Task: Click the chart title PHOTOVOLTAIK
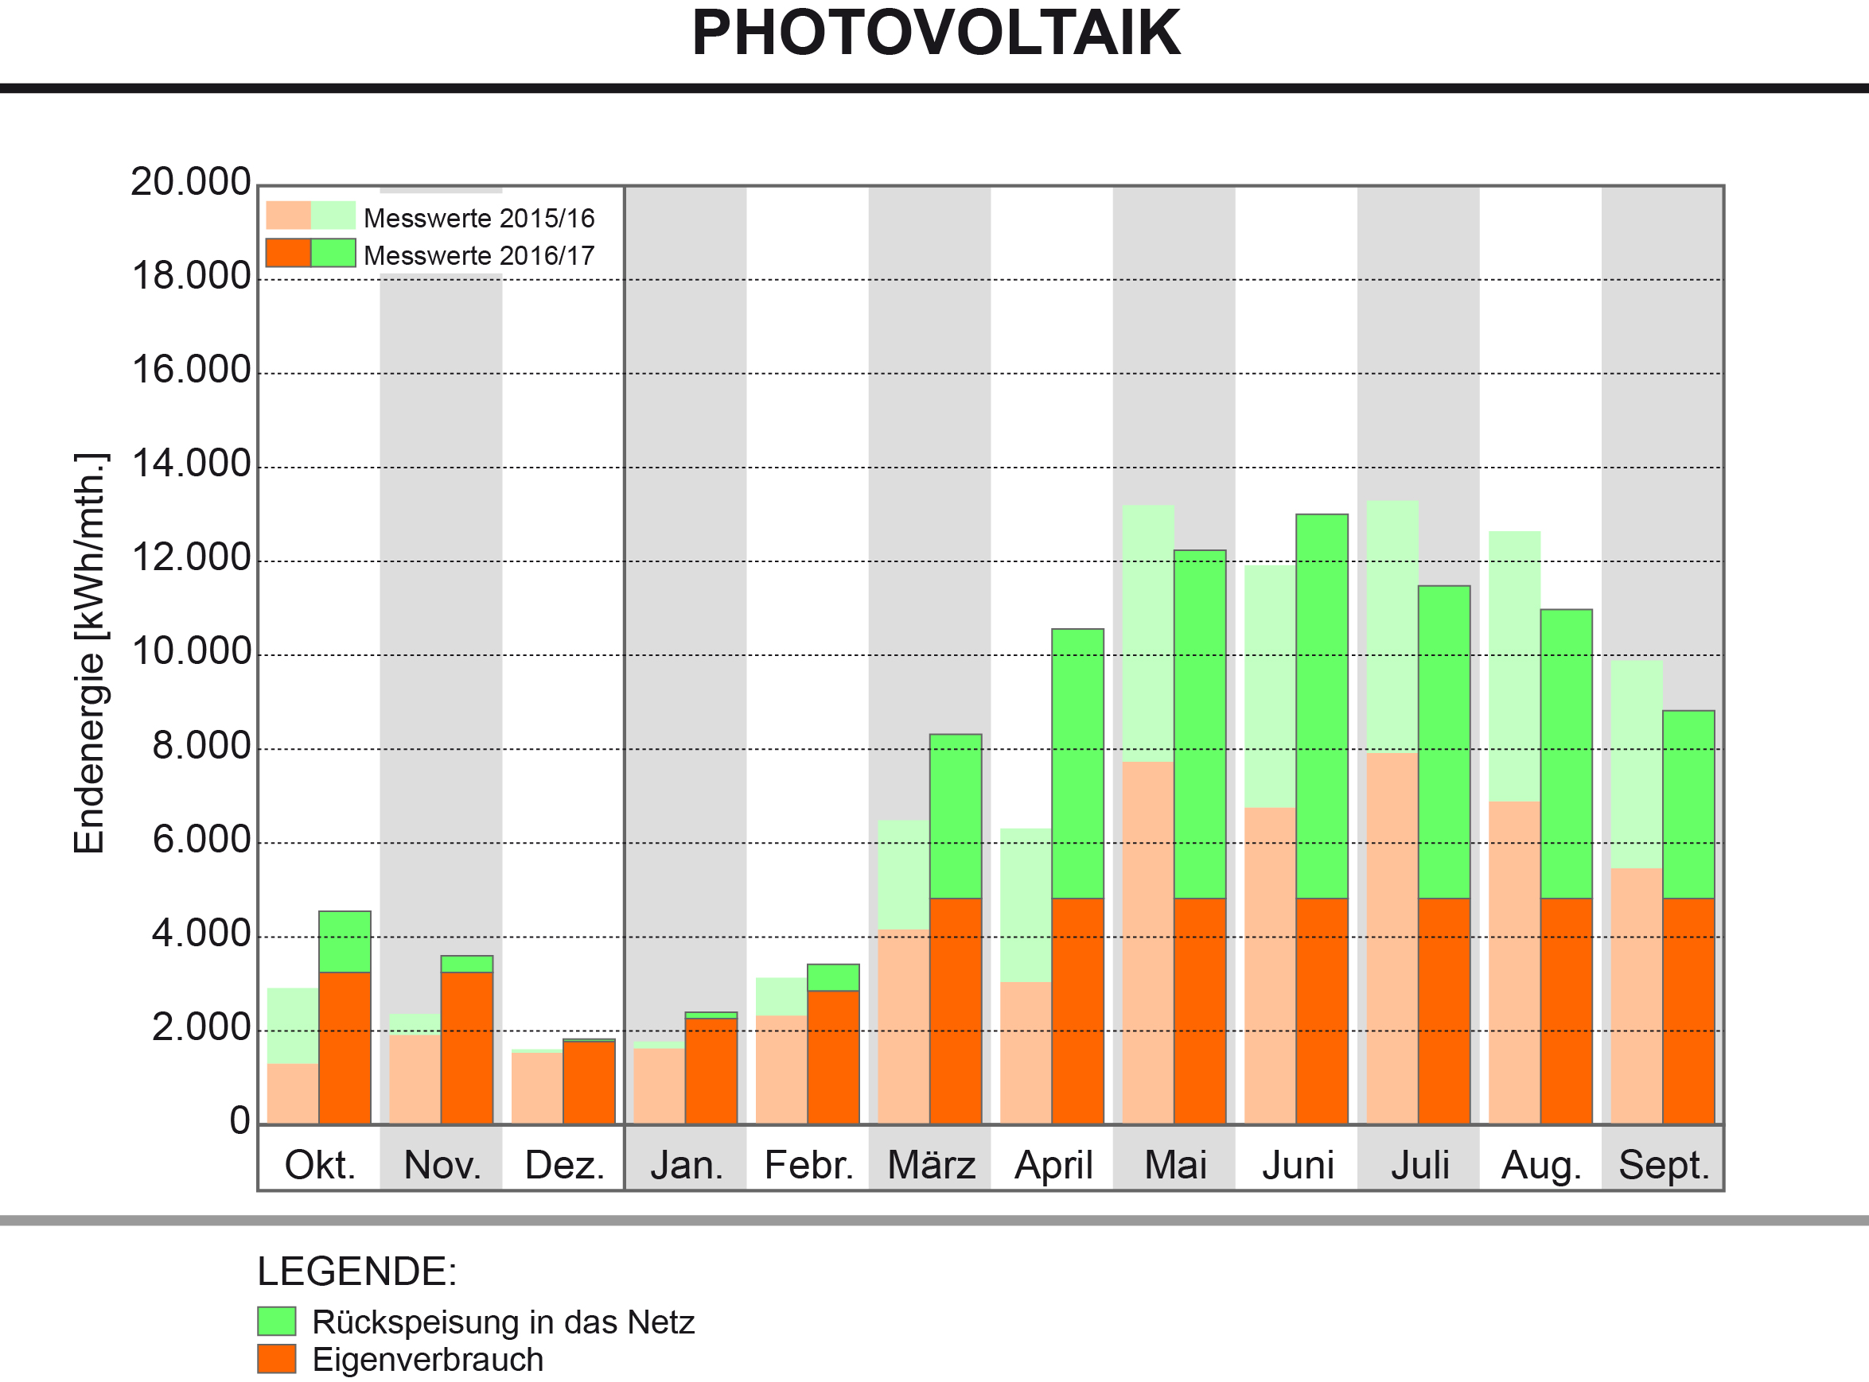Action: coord(935,33)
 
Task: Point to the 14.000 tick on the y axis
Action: coord(192,464)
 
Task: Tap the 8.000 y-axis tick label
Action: coord(201,746)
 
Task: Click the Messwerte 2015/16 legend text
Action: coord(479,219)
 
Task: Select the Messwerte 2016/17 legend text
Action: coord(479,255)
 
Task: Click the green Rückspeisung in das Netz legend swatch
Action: coord(276,1322)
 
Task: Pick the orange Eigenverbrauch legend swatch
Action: coord(276,1360)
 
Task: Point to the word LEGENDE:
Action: coord(356,1271)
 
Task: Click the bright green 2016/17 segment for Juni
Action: coord(1322,707)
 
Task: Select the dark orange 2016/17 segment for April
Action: coord(1077,1011)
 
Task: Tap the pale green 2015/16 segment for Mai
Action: coord(1147,633)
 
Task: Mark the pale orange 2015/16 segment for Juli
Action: coord(1392,938)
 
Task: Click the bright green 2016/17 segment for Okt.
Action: coord(344,941)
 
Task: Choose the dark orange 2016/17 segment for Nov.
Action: coord(466,1047)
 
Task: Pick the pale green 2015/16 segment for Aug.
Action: coord(1514,666)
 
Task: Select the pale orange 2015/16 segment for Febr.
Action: coord(781,1069)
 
